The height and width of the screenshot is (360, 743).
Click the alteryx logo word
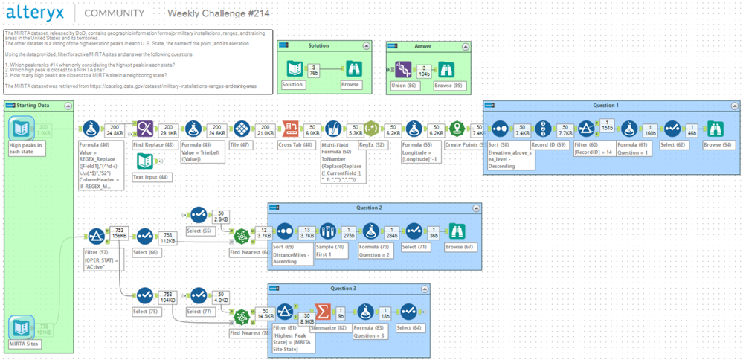click(x=36, y=13)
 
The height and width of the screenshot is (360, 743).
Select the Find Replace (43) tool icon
click(x=145, y=129)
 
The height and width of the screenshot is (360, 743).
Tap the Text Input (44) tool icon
click(x=145, y=161)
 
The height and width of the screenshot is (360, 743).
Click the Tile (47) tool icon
click(x=240, y=129)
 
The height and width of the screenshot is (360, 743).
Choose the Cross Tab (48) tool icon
click(x=291, y=129)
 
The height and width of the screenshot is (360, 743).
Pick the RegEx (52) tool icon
click(x=372, y=129)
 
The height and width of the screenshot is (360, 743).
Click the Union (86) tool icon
click(x=402, y=69)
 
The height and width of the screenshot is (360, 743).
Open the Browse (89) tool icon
click(x=446, y=69)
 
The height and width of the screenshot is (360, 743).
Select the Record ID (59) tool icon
click(x=544, y=129)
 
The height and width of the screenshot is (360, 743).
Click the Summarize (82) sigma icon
click(x=323, y=312)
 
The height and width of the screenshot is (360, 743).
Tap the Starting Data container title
click(x=33, y=106)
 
